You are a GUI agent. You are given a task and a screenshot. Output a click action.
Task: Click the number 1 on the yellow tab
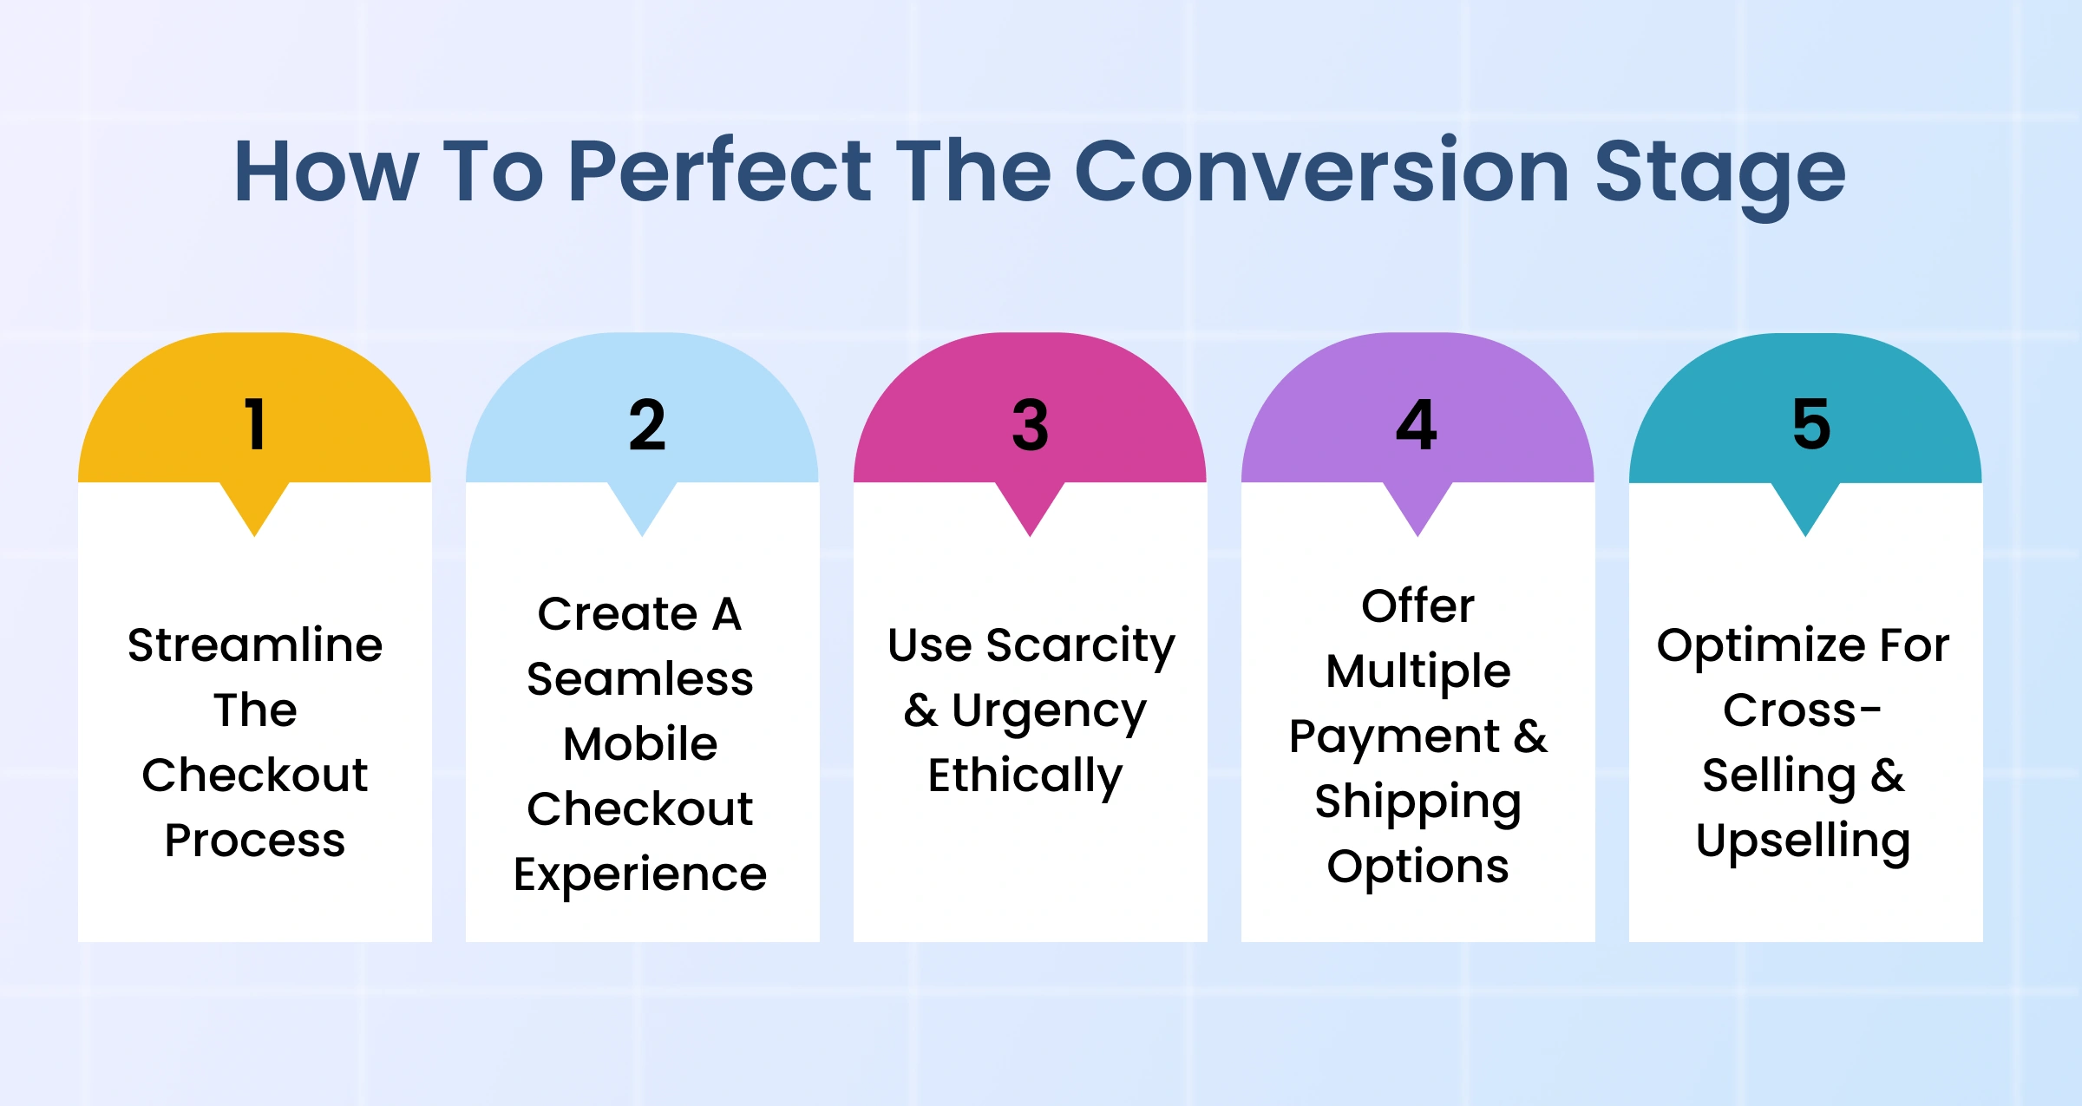tap(255, 424)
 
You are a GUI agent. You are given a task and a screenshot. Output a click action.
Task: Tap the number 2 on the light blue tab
tap(647, 425)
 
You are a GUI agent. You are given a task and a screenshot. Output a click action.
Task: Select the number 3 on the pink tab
tap(1031, 425)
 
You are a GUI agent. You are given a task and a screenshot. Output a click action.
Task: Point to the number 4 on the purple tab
tap(1417, 425)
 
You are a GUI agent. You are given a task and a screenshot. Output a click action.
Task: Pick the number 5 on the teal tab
tap(1811, 425)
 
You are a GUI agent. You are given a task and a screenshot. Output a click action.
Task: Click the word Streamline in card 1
tap(255, 645)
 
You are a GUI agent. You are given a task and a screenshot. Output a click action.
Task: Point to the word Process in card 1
tap(255, 840)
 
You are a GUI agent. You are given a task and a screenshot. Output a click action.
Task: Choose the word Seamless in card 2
tap(640, 677)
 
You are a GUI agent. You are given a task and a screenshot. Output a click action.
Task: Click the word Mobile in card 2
tap(640, 743)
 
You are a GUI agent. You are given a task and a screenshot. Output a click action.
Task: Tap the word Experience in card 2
tap(640, 875)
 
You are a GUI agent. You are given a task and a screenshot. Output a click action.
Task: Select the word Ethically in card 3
tap(1025, 776)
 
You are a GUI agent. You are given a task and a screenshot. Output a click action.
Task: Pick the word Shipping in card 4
tap(1418, 802)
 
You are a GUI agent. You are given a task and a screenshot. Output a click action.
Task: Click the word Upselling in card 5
tap(1804, 842)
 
